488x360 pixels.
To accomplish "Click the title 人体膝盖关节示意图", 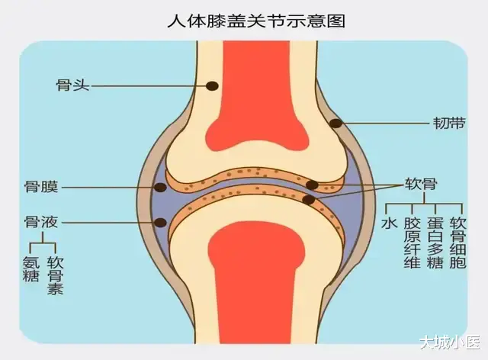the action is [256, 21].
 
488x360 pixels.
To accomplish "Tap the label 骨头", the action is [73, 85].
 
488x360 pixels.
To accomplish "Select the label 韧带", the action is [449, 124].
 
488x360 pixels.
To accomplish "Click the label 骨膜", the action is [41, 187].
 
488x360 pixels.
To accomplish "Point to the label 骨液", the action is [41, 222].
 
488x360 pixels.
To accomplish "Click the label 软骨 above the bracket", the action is [421, 184].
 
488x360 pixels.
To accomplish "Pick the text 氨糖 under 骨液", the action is [31, 268].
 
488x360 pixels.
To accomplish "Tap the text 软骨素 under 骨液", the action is [56, 275].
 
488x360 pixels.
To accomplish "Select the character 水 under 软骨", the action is [390, 223].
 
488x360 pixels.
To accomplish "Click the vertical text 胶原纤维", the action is [413, 243].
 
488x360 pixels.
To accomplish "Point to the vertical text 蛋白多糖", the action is [435, 243].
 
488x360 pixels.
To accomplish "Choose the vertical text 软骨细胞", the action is [457, 243].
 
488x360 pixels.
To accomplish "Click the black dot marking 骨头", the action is [212, 86].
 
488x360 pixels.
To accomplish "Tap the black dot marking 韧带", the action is [336, 124].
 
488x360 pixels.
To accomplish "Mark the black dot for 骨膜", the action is [161, 187].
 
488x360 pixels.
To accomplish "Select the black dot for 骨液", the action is [161, 223].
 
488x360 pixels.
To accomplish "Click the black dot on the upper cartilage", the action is [312, 185].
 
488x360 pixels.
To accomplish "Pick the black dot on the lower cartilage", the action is [309, 200].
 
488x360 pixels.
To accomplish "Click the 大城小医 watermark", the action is [449, 342].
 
